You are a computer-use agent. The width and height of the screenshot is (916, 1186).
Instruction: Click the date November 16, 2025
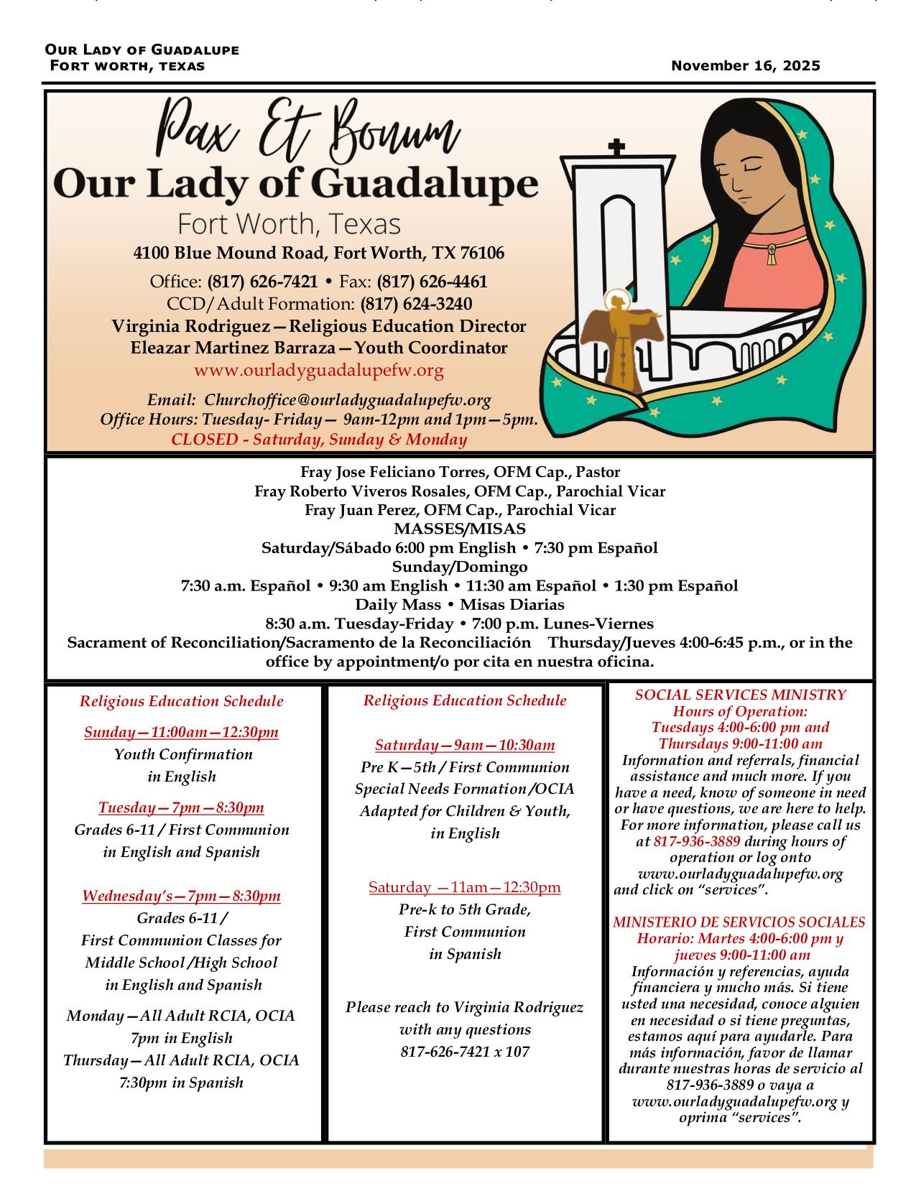point(745,66)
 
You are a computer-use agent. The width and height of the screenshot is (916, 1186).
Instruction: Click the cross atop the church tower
point(616,147)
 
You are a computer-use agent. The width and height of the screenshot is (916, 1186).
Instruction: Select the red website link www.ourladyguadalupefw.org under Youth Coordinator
point(318,371)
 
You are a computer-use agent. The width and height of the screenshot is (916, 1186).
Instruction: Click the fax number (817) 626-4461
point(432,282)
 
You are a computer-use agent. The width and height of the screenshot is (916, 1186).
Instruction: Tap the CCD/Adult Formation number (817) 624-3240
point(416,304)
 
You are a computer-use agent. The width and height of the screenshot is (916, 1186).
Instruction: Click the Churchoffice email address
point(348,400)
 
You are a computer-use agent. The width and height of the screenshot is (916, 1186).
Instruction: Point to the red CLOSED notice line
point(319,440)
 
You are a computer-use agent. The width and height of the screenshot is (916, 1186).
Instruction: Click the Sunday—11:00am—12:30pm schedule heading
point(181,733)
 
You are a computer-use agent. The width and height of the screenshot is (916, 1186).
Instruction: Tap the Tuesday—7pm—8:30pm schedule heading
point(181,808)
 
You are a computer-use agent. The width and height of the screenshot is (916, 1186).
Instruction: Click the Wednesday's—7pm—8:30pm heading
point(181,897)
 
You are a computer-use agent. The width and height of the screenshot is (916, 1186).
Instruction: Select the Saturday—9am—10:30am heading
point(465,746)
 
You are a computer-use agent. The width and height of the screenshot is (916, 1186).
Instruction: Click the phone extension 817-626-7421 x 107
point(465,1052)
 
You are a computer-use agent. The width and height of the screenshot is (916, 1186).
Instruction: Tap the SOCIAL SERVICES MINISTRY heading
point(740,695)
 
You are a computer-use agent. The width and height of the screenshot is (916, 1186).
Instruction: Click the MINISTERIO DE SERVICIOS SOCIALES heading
point(739,922)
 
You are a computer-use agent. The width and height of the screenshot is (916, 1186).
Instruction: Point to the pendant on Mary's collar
point(772,254)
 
